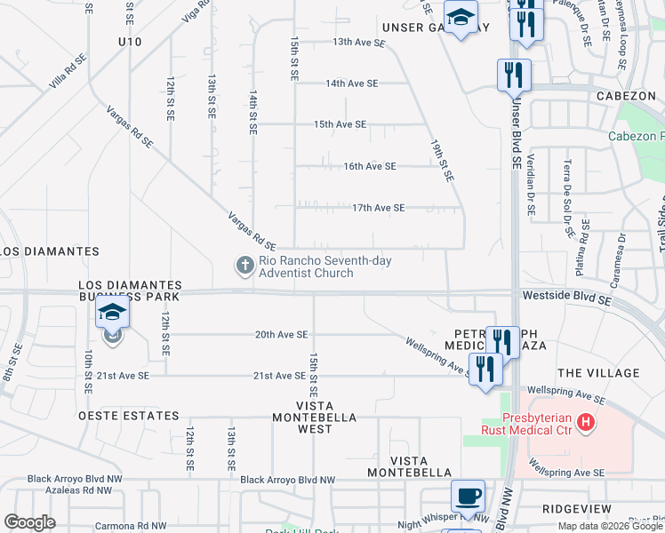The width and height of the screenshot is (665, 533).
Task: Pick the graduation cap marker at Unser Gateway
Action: point(461,18)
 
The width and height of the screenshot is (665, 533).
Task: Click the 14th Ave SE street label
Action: point(352,84)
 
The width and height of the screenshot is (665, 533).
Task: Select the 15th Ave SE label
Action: point(340,124)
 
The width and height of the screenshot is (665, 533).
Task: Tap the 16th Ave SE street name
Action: point(370,166)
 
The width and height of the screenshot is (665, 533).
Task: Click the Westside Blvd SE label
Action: point(567,301)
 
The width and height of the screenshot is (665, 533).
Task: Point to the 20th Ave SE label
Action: point(281,335)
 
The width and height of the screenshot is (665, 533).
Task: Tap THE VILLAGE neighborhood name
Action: point(598,373)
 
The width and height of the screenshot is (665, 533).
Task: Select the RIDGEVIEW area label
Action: point(576,509)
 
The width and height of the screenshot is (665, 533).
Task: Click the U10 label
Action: point(130,42)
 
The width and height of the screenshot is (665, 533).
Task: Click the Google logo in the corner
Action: point(30,522)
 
